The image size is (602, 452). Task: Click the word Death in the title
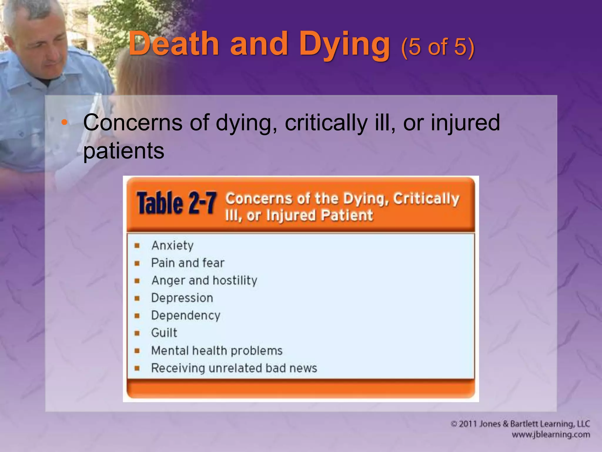pos(173,44)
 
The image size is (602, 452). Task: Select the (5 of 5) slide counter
pos(437,47)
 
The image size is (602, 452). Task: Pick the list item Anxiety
pos(173,245)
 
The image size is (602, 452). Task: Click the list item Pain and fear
pos(188,263)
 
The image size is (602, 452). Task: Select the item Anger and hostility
pos(204,280)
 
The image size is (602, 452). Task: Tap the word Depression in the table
pos(182,298)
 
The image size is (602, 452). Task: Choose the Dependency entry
pos(185,315)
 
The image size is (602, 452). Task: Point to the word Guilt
pos(164,333)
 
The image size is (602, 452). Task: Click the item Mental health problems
pos(217,350)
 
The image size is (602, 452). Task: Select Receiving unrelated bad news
pos(234,368)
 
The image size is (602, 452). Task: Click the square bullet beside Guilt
pos(137,333)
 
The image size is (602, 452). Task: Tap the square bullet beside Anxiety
pos(137,246)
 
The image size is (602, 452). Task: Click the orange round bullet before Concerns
pos(64,122)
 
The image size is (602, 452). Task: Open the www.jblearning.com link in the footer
pos(551,435)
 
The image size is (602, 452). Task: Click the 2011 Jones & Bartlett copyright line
pos(520,424)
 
